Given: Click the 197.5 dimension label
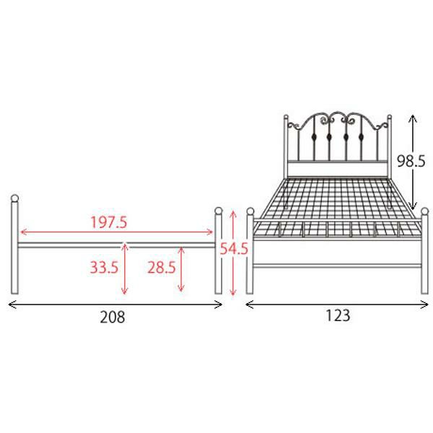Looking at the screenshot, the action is coord(109,222).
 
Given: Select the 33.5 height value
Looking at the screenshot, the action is coord(104,267).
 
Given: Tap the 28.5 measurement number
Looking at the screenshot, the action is coord(162,267).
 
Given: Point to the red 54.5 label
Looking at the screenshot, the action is coord(234,249).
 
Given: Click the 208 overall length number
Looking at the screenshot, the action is coord(113,317).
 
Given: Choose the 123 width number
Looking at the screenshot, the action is coord(338,315).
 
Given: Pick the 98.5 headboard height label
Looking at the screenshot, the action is coord(411,161).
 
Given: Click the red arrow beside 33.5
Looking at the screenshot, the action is coord(125,269).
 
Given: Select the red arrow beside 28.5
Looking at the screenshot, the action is coord(181,269).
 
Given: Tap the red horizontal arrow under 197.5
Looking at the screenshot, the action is coord(116,232).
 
